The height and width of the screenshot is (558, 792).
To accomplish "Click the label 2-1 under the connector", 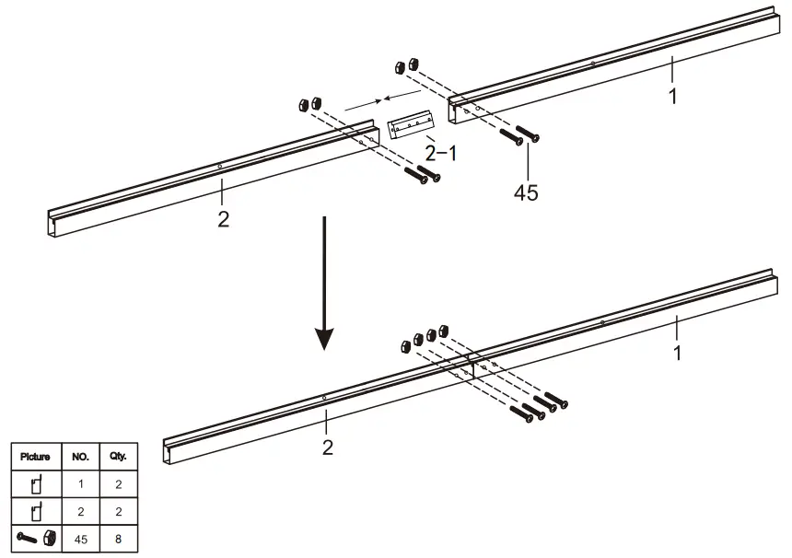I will (x=439, y=153).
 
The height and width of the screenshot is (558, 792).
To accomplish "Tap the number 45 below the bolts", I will (x=526, y=192).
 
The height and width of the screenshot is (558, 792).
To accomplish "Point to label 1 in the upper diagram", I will (x=673, y=95).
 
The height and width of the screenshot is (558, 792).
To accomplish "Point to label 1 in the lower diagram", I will (x=678, y=352).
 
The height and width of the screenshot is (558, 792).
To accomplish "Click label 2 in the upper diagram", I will (x=223, y=219).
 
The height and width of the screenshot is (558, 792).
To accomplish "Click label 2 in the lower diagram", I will (x=327, y=448).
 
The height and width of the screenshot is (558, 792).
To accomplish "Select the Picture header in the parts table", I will (x=35, y=457).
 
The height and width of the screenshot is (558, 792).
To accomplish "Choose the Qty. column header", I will (x=118, y=457).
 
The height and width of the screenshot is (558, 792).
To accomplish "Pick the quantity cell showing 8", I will (x=118, y=538).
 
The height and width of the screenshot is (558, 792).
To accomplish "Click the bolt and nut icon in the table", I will (x=35, y=538).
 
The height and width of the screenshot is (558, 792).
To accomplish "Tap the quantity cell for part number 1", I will (x=118, y=483).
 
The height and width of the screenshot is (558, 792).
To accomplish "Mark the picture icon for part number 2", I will (x=35, y=510).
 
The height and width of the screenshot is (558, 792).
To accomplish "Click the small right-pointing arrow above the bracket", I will (x=362, y=105).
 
